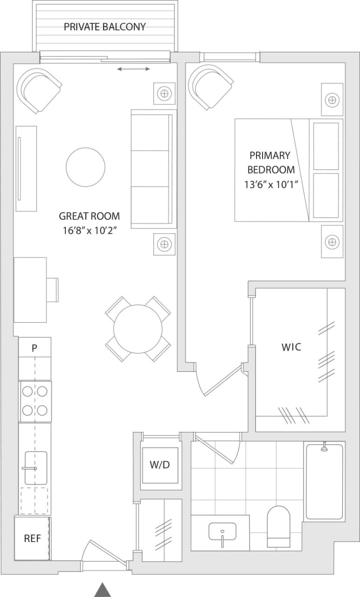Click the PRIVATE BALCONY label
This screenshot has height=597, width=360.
click(x=104, y=27)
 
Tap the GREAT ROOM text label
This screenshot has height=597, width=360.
click(x=89, y=216)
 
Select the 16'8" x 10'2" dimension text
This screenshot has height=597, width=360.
click(x=89, y=230)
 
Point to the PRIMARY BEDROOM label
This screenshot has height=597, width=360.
click(x=270, y=162)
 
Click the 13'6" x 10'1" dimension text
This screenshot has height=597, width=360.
click(x=271, y=184)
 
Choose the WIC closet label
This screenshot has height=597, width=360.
click(x=291, y=347)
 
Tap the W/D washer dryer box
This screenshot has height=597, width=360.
click(x=159, y=465)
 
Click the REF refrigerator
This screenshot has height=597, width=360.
click(x=33, y=538)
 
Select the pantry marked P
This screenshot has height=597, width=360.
click(x=35, y=348)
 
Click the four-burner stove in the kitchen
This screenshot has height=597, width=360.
click(x=35, y=401)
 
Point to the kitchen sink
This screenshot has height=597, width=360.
click(x=35, y=468)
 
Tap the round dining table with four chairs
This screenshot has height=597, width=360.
click(x=138, y=329)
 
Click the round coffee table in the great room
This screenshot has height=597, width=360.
click(x=85, y=167)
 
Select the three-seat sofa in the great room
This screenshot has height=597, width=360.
click(x=153, y=169)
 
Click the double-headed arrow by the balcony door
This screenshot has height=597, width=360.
click(x=133, y=69)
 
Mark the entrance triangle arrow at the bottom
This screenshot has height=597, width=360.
click(x=103, y=590)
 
